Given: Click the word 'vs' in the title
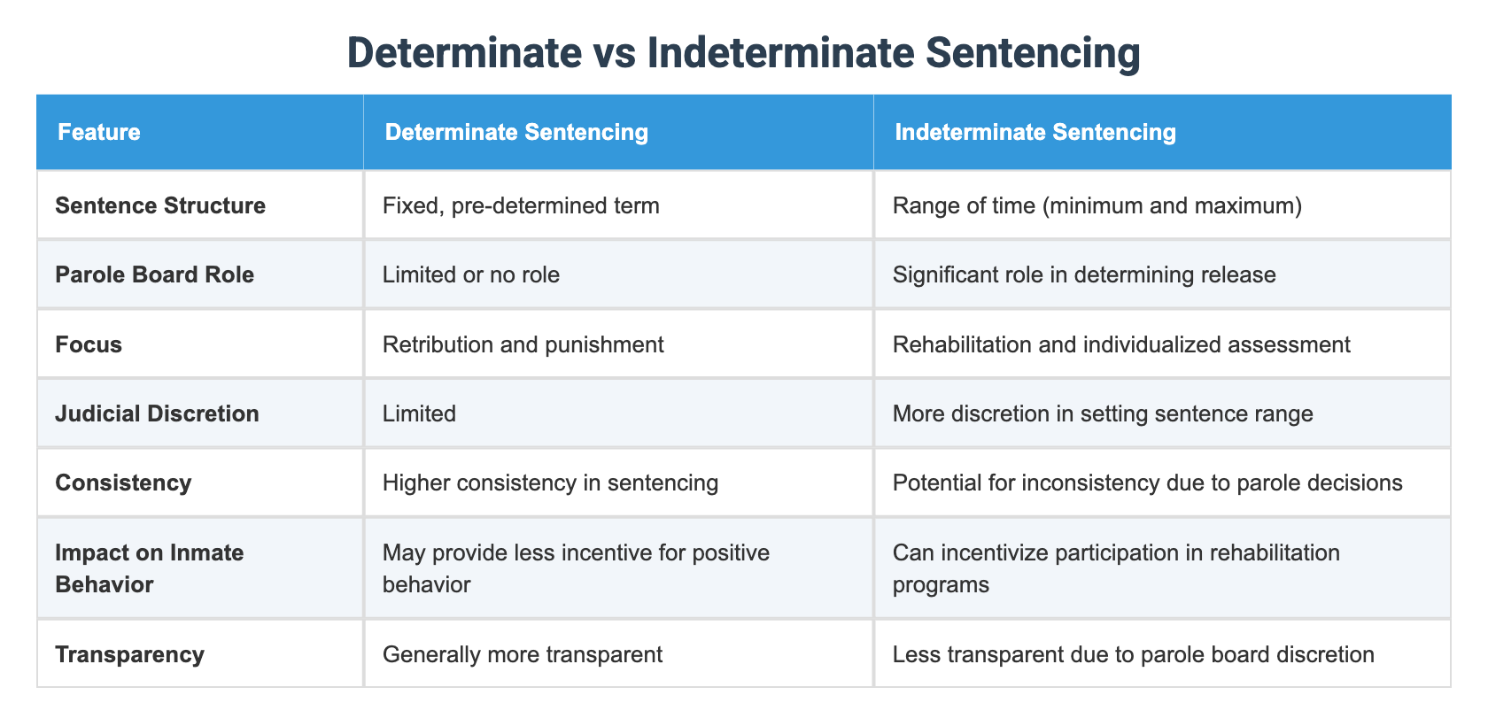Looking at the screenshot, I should [x=617, y=53].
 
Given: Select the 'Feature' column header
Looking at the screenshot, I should [x=99, y=132].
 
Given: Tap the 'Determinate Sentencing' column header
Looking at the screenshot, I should [x=516, y=132].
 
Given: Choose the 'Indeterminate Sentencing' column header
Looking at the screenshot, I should [x=1035, y=132].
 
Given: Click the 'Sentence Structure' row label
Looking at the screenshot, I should [x=160, y=205].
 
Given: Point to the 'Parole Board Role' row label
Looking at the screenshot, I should [x=154, y=274].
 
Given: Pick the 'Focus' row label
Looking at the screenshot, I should [x=89, y=344].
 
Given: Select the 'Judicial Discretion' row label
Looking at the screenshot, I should [x=157, y=413].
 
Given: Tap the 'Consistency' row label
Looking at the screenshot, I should [x=123, y=483].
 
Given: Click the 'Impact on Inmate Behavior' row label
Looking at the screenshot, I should [x=149, y=568].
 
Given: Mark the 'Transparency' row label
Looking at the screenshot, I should [x=129, y=654].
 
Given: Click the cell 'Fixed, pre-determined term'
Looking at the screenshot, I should [x=521, y=205].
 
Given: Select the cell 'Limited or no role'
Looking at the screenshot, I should [x=471, y=274].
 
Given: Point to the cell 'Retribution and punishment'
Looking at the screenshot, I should [x=523, y=344].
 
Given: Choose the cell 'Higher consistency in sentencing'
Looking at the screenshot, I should [x=550, y=483].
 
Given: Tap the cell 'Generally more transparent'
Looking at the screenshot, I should [x=523, y=654].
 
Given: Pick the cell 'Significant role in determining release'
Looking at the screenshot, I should [x=1084, y=274].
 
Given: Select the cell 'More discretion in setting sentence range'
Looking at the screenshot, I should [x=1103, y=413].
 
